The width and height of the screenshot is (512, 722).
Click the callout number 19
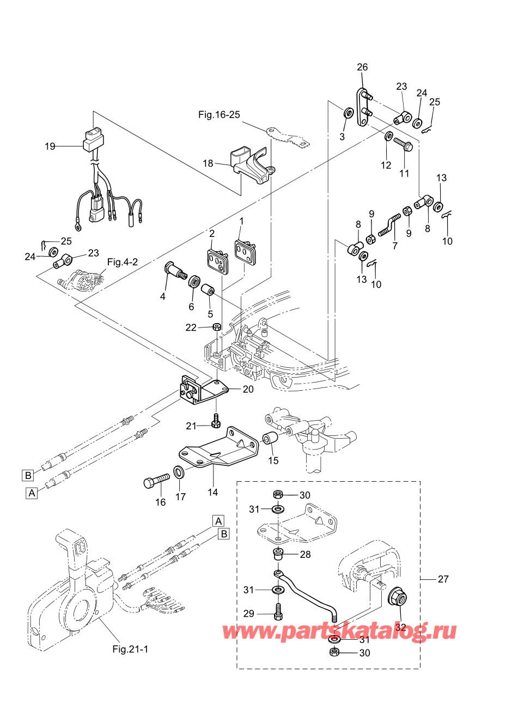point(50,147)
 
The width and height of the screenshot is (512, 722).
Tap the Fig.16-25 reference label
point(219,115)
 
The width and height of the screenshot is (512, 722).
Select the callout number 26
point(362,67)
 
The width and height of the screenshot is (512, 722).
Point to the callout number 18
point(208,163)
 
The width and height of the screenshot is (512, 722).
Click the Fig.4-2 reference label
point(123,262)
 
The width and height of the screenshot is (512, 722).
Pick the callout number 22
point(191,327)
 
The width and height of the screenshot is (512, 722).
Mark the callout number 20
point(248,389)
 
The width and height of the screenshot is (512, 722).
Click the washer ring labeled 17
point(179,471)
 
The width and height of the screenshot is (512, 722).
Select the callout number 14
point(212,492)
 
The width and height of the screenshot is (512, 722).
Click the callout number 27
point(443,579)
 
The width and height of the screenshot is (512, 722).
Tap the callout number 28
point(305,554)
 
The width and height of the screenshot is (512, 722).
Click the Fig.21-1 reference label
point(130,649)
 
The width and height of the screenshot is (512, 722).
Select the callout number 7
point(395,246)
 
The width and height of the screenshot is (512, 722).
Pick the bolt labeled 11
point(403,145)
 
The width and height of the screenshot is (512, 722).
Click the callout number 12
point(386,165)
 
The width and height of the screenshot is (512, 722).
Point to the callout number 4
point(162,296)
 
